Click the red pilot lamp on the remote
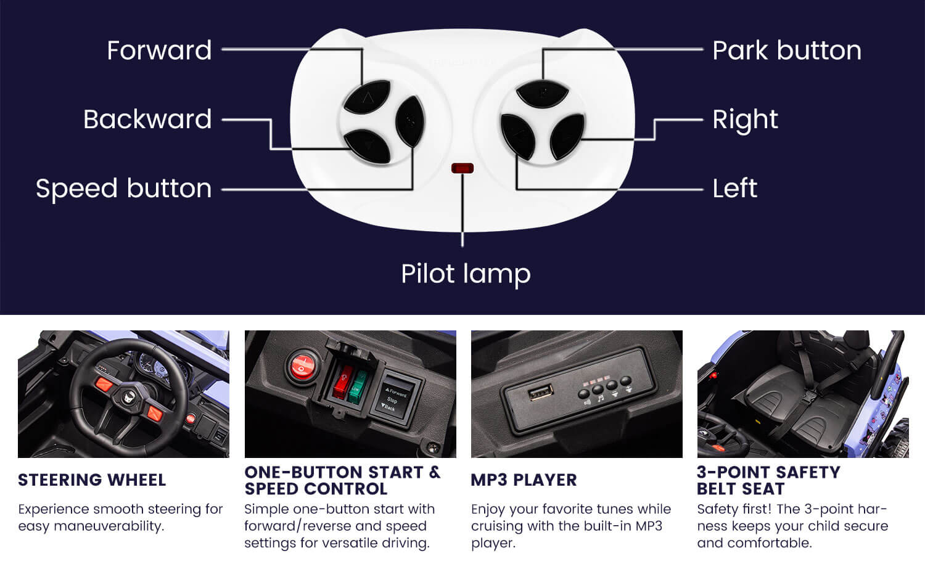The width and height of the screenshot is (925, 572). tap(462, 168)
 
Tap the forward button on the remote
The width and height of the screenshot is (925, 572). tap(367, 97)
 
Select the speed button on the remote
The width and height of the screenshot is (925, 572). tap(410, 121)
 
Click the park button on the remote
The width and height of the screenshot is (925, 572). tap(542, 93)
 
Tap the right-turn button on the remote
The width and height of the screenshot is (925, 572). tap(567, 136)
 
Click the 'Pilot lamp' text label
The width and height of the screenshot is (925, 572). tap(466, 274)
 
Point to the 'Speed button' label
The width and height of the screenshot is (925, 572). tap(123, 189)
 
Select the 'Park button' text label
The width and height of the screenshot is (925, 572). tap(787, 51)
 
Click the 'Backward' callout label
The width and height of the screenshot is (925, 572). tap(147, 120)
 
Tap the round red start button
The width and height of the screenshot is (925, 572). tap(302, 366)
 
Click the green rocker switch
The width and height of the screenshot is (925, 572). tap(357, 386)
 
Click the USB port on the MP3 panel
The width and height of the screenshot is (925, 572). tap(541, 391)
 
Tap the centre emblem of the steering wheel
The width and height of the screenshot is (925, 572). tap(129, 398)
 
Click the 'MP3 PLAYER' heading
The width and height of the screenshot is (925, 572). tap(524, 480)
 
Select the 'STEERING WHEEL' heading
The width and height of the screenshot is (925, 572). tap(92, 480)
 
